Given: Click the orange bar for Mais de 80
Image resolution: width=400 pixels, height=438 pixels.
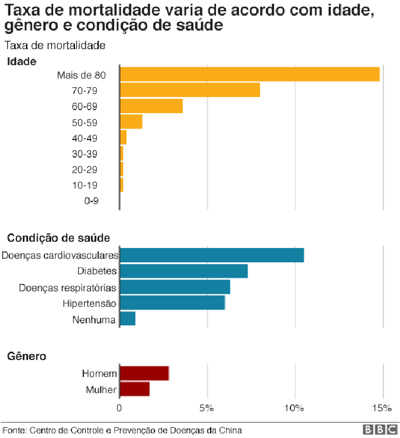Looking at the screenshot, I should pyautogui.click(x=250, y=74).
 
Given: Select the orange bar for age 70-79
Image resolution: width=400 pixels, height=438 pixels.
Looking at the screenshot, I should pyautogui.click(x=190, y=90).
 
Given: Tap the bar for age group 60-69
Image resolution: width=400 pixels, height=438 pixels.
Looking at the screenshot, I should pyautogui.click(x=151, y=106).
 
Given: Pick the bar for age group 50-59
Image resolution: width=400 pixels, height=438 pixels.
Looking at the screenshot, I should pyautogui.click(x=131, y=122).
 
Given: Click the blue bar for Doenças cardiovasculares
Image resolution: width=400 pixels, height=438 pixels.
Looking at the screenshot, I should pyautogui.click(x=212, y=255).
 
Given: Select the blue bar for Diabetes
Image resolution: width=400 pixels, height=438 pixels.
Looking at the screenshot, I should pyautogui.click(x=183, y=271).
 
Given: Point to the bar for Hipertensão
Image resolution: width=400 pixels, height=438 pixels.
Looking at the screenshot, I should pyautogui.click(x=172, y=303).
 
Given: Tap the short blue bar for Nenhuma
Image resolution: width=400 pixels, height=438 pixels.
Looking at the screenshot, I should pyautogui.click(x=128, y=319).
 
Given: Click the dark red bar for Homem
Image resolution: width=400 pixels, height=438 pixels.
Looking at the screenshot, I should pyautogui.click(x=144, y=373).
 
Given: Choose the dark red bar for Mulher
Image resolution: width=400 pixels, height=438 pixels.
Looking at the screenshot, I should pyautogui.click(x=134, y=389).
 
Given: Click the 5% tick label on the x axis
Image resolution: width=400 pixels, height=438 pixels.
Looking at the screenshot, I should pyautogui.click(x=207, y=409).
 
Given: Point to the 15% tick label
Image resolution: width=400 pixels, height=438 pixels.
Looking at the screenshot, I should pyautogui.click(x=382, y=409).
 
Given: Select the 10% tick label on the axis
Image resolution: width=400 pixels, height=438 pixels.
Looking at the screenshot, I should pyautogui.click(x=295, y=409).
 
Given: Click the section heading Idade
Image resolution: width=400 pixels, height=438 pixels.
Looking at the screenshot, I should pyautogui.click(x=21, y=61).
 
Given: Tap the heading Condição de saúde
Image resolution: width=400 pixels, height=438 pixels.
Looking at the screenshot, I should pyautogui.click(x=58, y=238).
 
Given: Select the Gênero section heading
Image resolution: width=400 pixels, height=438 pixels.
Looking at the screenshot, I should pyautogui.click(x=26, y=356).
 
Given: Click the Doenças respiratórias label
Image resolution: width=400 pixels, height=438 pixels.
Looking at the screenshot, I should pyautogui.click(x=67, y=287).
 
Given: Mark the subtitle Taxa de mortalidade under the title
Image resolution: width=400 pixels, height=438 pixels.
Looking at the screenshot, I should pyautogui.click(x=55, y=45).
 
